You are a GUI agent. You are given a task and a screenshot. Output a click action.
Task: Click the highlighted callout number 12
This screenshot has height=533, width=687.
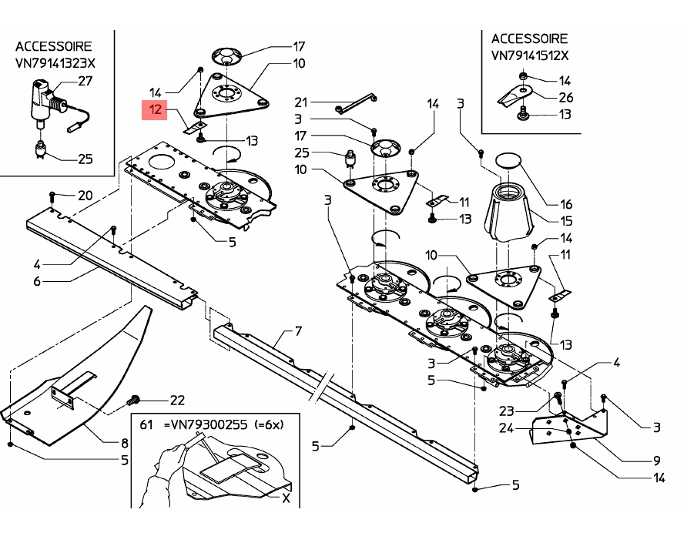[x=155, y=110]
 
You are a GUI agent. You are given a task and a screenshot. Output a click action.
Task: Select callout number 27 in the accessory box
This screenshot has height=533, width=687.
[x=85, y=80]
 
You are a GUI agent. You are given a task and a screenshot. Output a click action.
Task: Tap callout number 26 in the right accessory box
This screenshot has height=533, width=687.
[x=565, y=97]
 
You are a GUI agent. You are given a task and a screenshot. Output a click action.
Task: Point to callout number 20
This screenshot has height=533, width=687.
[x=85, y=196]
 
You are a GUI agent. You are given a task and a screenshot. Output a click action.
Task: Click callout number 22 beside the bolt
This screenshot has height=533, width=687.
[x=177, y=400]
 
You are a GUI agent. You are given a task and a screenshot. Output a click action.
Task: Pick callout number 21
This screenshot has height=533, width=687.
[x=301, y=102]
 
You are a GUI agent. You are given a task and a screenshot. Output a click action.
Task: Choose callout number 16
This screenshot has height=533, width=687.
[x=566, y=204]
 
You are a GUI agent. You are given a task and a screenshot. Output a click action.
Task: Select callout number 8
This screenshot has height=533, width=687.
[x=123, y=443]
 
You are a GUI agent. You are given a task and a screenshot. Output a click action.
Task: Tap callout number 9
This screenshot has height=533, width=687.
[x=656, y=461]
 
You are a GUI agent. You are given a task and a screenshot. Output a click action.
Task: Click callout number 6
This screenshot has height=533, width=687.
[x=36, y=281]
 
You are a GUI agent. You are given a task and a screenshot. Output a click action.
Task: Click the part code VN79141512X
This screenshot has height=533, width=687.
[x=530, y=55]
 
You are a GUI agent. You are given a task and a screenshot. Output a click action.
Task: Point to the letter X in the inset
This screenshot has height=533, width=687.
[x=287, y=498]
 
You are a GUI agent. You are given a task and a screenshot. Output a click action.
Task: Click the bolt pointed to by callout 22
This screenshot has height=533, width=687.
[x=133, y=401]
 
